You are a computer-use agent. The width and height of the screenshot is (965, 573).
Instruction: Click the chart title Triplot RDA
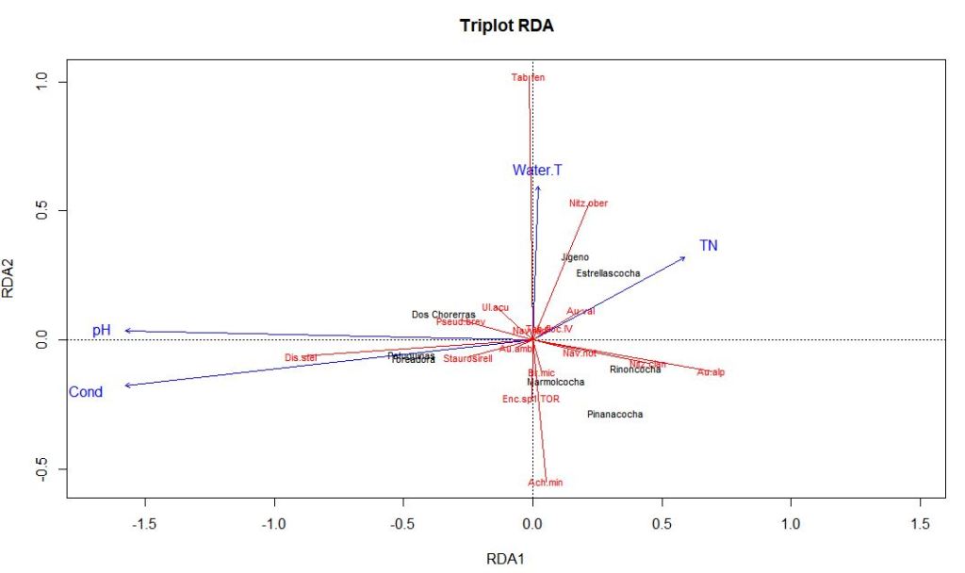[x=506, y=26]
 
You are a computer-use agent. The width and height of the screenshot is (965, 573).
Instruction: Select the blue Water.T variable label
[x=537, y=171]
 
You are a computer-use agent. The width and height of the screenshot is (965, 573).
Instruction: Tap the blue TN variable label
[x=709, y=246]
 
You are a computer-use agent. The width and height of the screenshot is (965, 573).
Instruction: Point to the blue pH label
[x=102, y=331]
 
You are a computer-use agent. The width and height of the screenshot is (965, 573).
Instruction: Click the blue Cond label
[x=86, y=392]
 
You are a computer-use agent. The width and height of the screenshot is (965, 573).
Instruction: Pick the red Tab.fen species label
[x=528, y=77]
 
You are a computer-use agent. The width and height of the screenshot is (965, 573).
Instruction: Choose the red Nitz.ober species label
[x=588, y=203]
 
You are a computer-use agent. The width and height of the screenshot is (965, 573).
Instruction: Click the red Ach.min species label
[x=545, y=483]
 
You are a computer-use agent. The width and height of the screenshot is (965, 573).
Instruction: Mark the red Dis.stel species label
[x=301, y=357]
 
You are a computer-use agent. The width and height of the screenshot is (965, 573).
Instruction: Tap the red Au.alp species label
[x=711, y=373]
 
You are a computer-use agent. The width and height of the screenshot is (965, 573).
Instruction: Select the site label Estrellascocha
[x=608, y=273]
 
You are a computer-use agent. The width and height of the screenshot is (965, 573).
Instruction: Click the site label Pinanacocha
[x=614, y=414]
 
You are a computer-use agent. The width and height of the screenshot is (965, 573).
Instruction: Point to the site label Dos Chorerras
[x=443, y=314]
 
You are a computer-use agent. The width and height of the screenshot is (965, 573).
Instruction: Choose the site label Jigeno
[x=575, y=256]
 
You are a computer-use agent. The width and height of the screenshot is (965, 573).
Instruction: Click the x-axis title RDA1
[x=505, y=559]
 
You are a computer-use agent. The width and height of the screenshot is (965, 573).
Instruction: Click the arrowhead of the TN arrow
[x=684, y=257]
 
